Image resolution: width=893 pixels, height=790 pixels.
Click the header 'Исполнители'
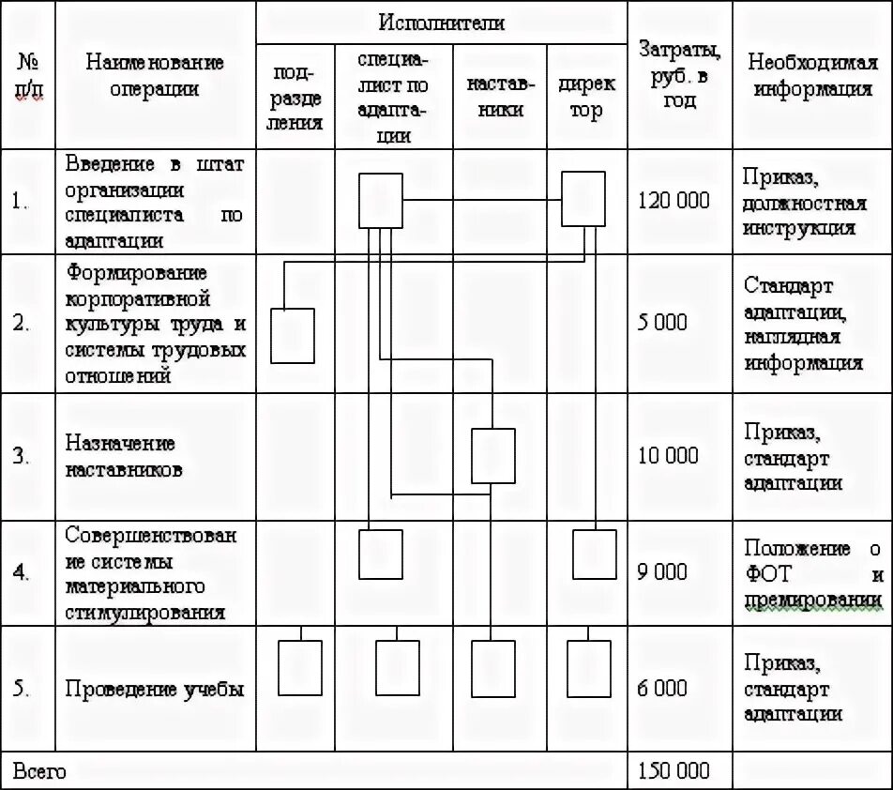click(442, 23)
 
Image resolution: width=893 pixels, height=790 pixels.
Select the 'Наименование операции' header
click(155, 76)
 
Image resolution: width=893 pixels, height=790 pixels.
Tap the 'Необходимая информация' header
click(812, 76)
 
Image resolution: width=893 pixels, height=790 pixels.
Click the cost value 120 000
click(674, 201)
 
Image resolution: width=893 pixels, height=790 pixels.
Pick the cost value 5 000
click(662, 323)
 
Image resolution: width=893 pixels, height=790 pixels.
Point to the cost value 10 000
click(668, 456)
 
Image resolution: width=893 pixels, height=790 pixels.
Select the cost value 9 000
click(662, 571)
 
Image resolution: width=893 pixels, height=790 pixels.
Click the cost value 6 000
click(662, 688)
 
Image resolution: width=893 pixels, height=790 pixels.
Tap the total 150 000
click(674, 770)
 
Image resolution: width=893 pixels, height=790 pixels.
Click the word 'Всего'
click(39, 770)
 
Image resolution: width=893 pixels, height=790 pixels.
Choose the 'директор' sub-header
click(587, 98)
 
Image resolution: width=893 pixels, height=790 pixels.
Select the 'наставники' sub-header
click(500, 98)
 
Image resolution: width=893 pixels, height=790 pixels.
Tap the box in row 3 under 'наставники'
click(493, 455)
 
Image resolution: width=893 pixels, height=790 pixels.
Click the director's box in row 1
click(583, 200)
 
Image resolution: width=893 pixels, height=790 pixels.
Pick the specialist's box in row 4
click(381, 554)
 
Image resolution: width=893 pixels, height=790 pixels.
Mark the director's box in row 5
click(590, 667)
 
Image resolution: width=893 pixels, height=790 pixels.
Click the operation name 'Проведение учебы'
click(155, 689)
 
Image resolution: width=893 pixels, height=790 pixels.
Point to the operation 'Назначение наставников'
click(121, 456)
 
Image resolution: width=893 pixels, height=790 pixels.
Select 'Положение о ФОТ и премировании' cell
click(812, 573)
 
